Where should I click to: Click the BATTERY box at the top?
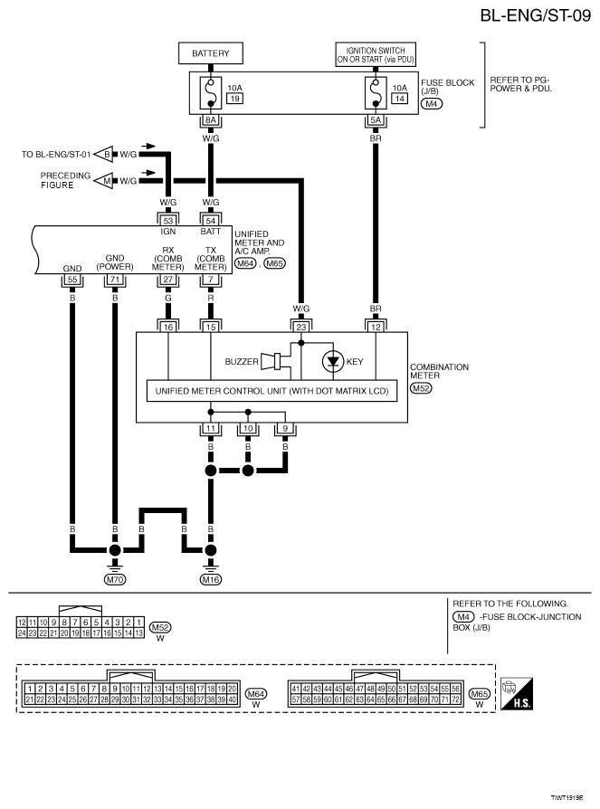pyautogui.click(x=211, y=53)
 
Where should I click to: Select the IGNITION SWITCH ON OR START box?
pyautogui.click(x=376, y=54)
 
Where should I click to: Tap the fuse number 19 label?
pyautogui.click(x=234, y=98)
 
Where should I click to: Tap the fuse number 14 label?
pyautogui.click(x=400, y=98)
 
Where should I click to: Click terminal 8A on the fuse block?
pyautogui.click(x=211, y=120)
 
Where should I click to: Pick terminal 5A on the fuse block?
pyautogui.click(x=376, y=120)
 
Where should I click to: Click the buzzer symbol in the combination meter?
pyautogui.click(x=271, y=361)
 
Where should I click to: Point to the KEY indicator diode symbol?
pyautogui.click(x=333, y=361)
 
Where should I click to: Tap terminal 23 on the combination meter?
pyautogui.click(x=301, y=327)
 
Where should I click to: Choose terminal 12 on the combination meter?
pyautogui.click(x=376, y=327)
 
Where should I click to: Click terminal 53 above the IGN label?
pyautogui.click(x=168, y=221)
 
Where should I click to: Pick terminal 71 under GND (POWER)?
pyautogui.click(x=115, y=280)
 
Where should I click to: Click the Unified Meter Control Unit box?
pyautogui.click(x=271, y=391)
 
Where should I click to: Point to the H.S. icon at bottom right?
pyautogui.click(x=517, y=694)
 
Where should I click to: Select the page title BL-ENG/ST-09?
pyautogui.click(x=536, y=15)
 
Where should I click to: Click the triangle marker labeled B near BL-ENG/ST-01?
pyautogui.click(x=104, y=154)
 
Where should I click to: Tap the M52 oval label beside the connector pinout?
pyautogui.click(x=160, y=627)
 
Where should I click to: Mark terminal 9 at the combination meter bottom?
pyautogui.click(x=285, y=428)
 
